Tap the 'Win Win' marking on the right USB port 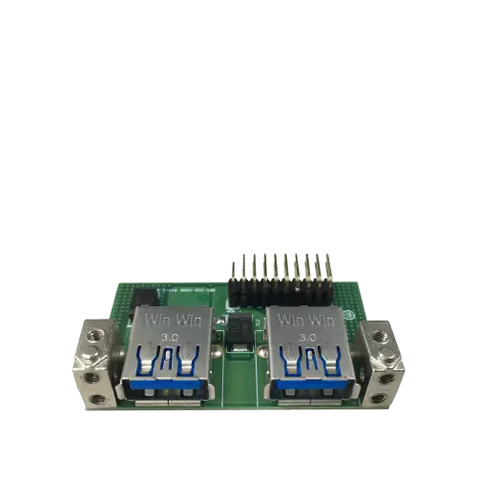click(x=308, y=317)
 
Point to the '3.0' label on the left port click(x=172, y=337)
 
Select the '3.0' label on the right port click(x=307, y=337)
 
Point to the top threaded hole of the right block click(x=382, y=335)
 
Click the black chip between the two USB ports click(x=239, y=330)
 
